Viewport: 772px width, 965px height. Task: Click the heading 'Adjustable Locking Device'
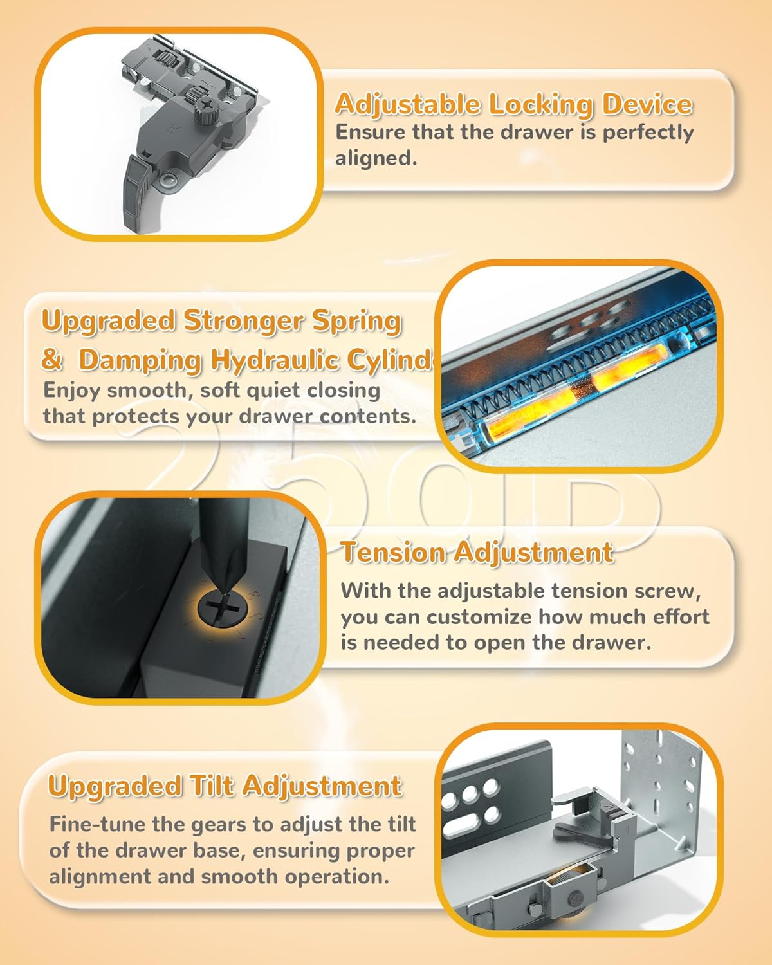coord(513,104)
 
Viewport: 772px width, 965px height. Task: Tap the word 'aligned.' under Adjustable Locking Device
coord(376,158)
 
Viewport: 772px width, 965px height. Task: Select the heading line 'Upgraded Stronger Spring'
coord(222,320)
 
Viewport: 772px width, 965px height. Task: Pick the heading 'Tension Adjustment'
coord(477,553)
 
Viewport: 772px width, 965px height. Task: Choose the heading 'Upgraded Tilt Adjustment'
coord(225,786)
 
